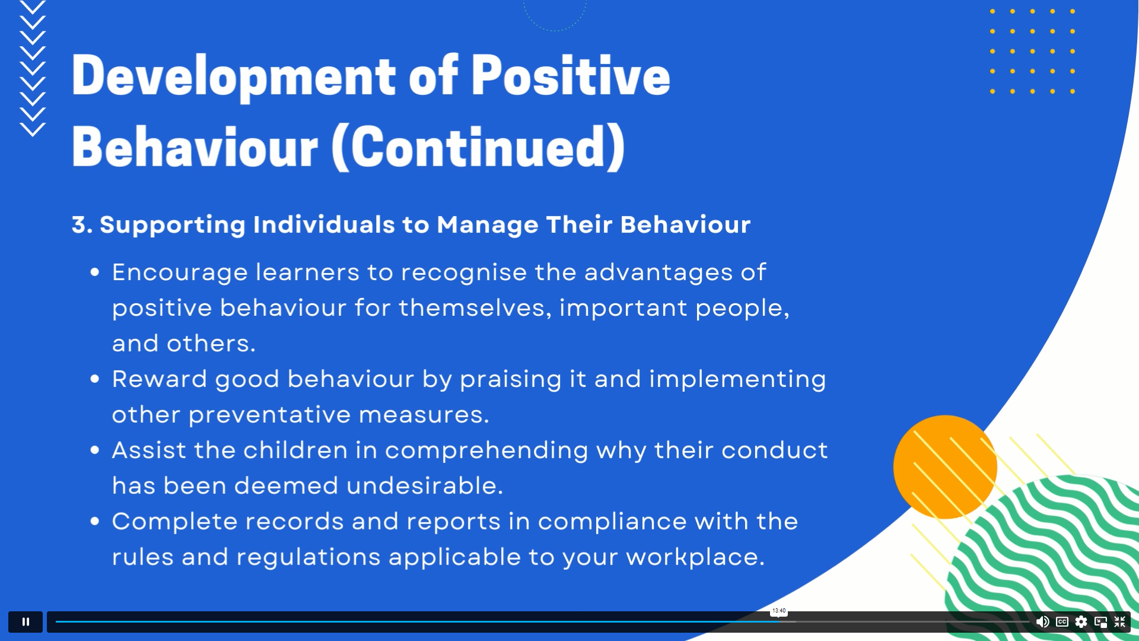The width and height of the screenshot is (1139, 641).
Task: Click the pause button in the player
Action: pos(26,621)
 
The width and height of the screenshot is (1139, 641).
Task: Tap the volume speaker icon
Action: pos(1042,621)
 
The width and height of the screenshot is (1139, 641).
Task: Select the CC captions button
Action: pos(1062,621)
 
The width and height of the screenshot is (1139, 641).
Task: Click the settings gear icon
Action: pos(1081,621)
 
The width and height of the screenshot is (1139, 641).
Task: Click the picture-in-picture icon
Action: pos(1100,621)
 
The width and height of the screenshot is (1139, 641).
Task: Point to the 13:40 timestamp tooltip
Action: pos(779,611)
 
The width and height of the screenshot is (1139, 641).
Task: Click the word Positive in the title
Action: pos(571,75)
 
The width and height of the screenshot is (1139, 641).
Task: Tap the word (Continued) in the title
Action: pos(478,147)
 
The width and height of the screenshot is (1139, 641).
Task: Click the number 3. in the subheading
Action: pos(82,225)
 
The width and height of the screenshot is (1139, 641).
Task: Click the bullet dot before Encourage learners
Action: pos(94,272)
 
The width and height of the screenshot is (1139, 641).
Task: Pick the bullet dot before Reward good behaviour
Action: pos(94,379)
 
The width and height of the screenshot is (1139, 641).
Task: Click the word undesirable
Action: pos(425,485)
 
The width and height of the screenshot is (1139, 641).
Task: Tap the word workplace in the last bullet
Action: pos(695,557)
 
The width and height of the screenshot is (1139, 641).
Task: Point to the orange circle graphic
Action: pos(945,467)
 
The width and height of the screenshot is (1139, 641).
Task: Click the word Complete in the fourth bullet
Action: pos(175,522)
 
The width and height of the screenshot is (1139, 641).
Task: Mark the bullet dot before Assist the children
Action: pos(94,450)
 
